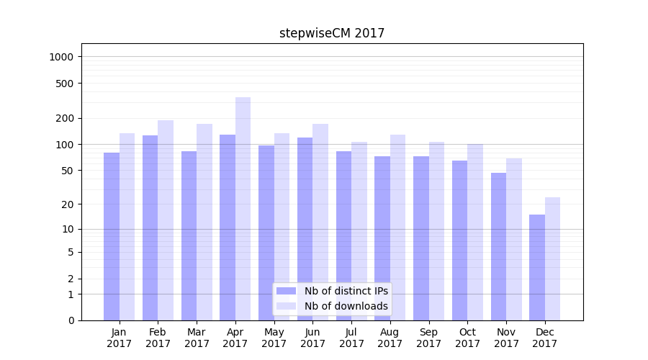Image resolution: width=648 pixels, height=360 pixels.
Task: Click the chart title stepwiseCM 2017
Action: click(332, 33)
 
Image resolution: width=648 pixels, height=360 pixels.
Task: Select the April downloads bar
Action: click(243, 209)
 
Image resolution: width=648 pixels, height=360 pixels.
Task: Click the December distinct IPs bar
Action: click(537, 267)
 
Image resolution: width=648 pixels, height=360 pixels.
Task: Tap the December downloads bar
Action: click(552, 258)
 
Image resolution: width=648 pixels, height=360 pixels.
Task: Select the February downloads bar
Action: click(166, 220)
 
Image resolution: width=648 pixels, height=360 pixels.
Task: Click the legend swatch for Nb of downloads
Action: click(286, 306)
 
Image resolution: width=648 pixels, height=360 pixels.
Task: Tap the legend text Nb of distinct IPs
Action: click(346, 291)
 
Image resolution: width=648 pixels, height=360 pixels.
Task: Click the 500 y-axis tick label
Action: click(66, 84)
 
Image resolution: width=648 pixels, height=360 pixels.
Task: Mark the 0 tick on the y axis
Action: click(71, 320)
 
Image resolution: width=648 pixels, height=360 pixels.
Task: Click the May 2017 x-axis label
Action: click(274, 338)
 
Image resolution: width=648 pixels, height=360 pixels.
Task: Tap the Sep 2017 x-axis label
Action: click(429, 338)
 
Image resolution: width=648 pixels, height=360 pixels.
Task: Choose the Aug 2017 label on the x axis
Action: click(390, 338)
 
